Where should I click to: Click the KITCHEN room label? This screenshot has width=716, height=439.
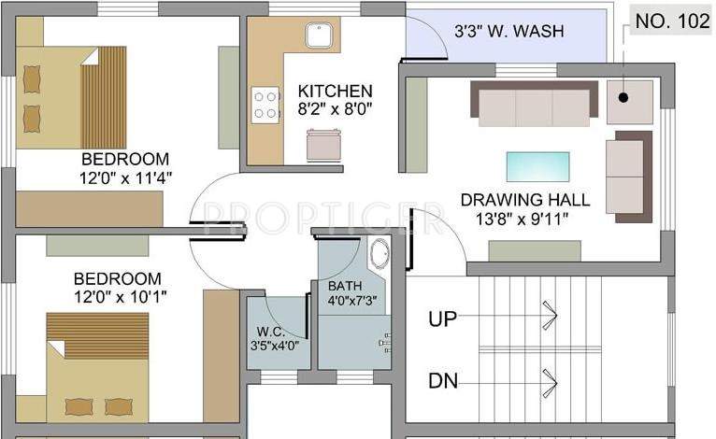coord(335,91)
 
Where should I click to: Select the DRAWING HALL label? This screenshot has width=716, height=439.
coord(524,199)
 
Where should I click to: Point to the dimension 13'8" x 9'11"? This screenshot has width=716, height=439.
coord(524,218)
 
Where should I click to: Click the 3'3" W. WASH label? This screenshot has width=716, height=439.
coord(508,31)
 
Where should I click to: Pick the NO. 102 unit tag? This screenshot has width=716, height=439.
coord(670,22)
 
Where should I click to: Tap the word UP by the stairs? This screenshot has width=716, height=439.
coord(442,319)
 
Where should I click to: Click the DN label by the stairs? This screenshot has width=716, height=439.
coord(442,381)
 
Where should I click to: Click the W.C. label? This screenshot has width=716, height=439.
coord(271,331)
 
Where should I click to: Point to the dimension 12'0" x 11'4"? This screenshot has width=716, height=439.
coord(126,176)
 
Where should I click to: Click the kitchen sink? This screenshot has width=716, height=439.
coord(321,38)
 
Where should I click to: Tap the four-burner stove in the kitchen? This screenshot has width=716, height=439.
coord(265,104)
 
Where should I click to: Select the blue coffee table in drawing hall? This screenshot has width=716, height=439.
coord(537,165)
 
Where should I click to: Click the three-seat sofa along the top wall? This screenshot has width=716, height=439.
coord(534,103)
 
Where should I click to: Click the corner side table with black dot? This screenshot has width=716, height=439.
coord(629,102)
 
